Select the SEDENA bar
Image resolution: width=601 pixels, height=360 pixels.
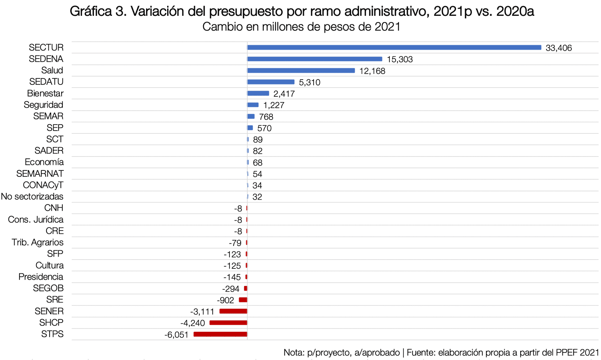314,59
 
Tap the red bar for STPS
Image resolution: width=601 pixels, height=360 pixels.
220,334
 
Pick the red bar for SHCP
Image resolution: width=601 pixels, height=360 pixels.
228,322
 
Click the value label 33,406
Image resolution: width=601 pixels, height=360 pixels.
559,48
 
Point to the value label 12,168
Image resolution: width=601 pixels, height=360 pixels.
372,71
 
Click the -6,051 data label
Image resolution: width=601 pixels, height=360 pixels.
177,335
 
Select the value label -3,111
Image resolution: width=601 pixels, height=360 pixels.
202,312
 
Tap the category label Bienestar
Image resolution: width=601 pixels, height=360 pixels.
45,93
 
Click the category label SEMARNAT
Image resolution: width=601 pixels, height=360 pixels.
40,173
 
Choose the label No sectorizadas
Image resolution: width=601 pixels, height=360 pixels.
32,196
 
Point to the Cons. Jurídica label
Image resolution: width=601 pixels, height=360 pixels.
36,219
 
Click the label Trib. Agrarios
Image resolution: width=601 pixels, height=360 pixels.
38,242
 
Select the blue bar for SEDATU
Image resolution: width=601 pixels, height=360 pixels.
271,82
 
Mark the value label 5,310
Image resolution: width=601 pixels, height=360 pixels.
310,83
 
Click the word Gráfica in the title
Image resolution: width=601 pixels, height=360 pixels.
91,11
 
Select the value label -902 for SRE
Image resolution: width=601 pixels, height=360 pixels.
225,300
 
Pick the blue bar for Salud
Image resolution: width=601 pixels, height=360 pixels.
301,71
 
